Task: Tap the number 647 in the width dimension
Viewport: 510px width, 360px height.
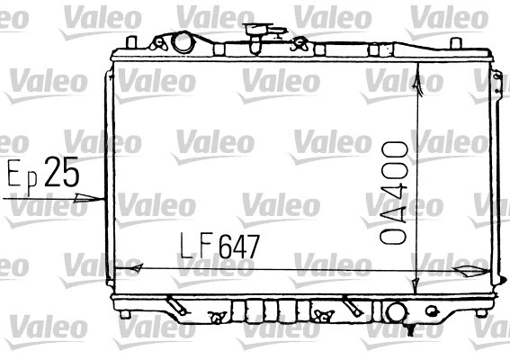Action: pos(232,246)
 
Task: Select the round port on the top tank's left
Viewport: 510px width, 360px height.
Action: pos(183,41)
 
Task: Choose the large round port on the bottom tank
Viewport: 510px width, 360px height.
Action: pos(396,312)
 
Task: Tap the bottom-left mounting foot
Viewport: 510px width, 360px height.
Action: pos(126,312)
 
